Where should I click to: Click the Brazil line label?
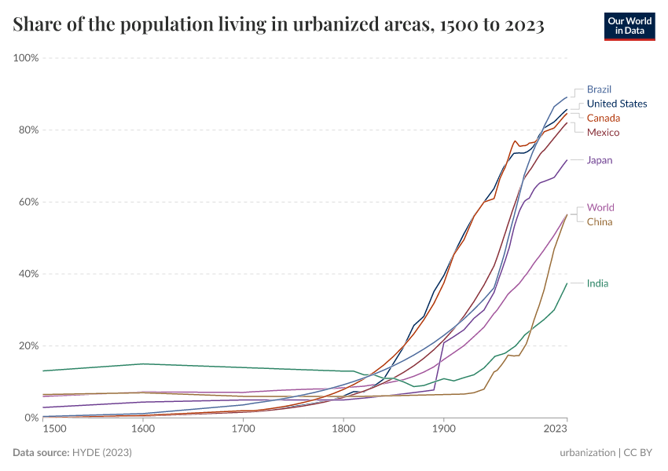point(599,89)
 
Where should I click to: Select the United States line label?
point(617,104)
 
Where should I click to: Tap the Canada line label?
point(604,118)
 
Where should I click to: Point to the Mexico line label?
point(603,132)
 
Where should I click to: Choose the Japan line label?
point(600,160)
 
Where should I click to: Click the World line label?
point(600,208)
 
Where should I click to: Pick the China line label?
point(600,221)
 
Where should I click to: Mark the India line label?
point(597,283)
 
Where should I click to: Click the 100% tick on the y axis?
point(27,58)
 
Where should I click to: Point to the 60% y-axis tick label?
point(29,202)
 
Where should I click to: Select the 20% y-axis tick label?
point(29,346)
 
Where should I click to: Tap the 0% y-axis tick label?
point(32,418)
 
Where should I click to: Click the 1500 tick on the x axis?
point(54,429)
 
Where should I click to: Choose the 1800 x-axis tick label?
point(343,429)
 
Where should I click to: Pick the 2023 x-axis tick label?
point(555,429)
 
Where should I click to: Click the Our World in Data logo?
point(629,26)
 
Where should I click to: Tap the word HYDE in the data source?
point(88,453)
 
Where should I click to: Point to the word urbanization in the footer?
point(587,453)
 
